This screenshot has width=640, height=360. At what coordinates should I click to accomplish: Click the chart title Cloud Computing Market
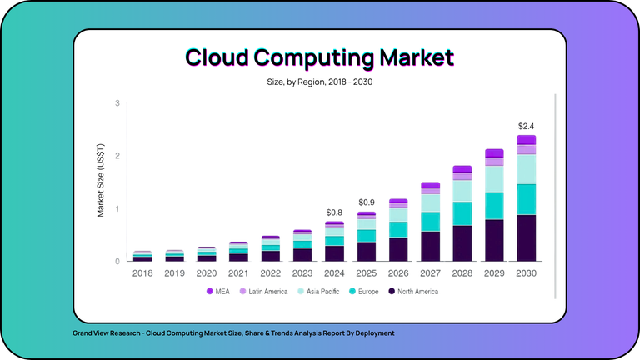point(320,57)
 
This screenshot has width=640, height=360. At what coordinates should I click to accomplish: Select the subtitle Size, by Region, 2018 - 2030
point(320,82)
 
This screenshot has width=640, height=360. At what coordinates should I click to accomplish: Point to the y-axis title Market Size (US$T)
point(101,182)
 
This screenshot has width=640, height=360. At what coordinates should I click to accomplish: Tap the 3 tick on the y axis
point(117,103)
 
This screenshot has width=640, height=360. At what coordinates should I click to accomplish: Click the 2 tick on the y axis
point(117,156)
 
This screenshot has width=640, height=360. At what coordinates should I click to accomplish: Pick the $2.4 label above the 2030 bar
point(526,126)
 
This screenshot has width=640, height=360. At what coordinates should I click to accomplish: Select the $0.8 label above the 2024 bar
point(334,212)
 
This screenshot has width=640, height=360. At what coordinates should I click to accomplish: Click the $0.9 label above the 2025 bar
point(367,202)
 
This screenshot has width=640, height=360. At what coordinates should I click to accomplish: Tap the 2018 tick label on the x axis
point(142,272)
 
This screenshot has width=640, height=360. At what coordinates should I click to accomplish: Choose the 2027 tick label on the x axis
point(430,272)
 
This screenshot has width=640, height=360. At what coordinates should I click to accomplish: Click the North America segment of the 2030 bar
point(526,237)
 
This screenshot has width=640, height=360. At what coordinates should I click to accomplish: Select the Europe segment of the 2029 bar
point(494,206)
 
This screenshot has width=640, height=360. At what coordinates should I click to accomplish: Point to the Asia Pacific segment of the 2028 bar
point(462,191)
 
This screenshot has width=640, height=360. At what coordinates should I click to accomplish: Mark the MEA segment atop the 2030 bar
point(526,140)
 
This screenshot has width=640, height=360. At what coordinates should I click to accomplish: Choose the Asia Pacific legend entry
point(317,292)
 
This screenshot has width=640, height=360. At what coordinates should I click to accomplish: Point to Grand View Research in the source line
point(105,333)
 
